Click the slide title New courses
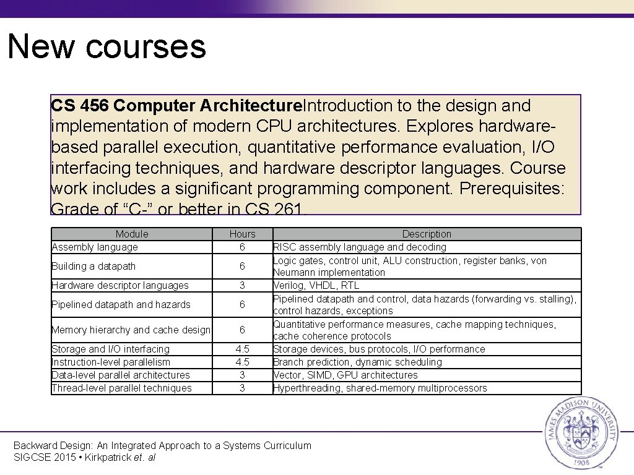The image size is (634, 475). [x=106, y=46]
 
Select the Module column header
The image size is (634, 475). [x=132, y=234]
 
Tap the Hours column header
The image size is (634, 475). [x=242, y=234]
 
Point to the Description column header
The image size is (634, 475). [x=427, y=234]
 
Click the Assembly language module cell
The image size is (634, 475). [x=95, y=247]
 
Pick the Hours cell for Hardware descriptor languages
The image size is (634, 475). [x=242, y=285]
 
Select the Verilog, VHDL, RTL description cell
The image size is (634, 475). [x=316, y=285]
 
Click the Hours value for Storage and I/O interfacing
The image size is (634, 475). [x=242, y=349]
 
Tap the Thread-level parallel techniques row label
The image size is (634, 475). [x=121, y=388]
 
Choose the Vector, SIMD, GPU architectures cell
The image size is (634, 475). [x=345, y=375]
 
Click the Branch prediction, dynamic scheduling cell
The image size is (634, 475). [x=358, y=362]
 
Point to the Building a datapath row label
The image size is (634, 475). [x=93, y=266]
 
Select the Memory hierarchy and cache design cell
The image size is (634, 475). [x=131, y=330]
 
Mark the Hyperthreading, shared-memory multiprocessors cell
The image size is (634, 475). [x=380, y=388]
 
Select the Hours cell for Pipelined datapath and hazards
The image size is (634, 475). [x=242, y=304]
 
